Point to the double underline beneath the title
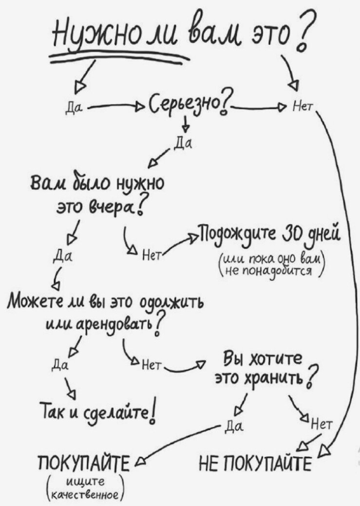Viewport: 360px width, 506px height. coord(117,58)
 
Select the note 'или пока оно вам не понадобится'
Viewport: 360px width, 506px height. coord(274,263)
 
